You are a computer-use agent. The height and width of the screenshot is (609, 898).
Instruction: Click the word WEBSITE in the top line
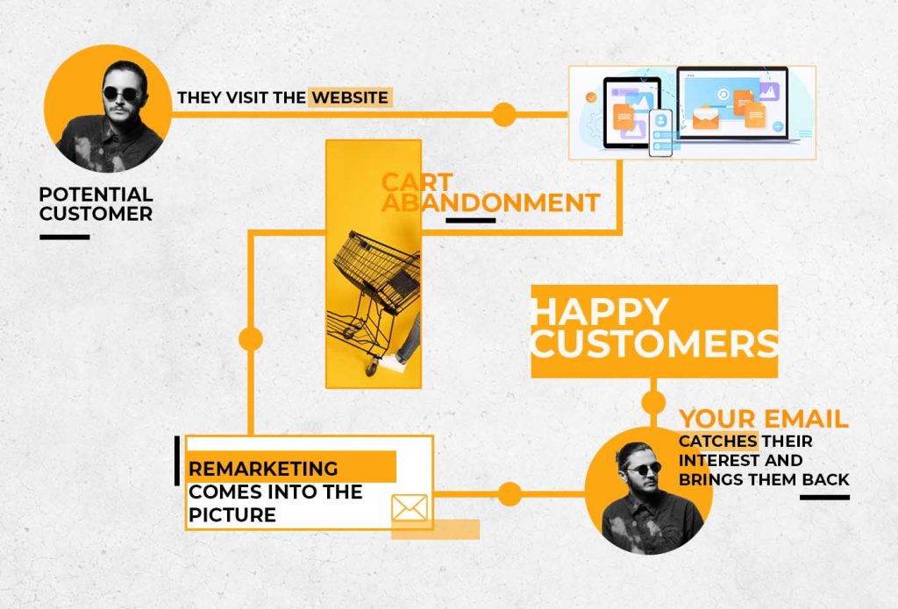point(350,97)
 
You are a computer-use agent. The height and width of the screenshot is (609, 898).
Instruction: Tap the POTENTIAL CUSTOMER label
point(96,203)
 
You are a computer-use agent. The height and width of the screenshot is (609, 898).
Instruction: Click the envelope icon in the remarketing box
point(409,507)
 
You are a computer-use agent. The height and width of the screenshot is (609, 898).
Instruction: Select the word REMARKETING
point(263,468)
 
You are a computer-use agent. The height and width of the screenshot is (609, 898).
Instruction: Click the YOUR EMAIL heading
point(763,419)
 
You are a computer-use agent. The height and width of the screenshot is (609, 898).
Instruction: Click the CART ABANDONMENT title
point(489,193)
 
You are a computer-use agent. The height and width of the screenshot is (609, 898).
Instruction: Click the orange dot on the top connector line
point(503,114)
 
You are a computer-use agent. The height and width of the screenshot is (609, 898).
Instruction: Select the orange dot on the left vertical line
point(251,339)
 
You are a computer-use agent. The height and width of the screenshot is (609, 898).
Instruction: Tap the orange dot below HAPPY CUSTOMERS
point(653,402)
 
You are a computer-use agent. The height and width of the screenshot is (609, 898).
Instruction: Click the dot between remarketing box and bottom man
point(510,493)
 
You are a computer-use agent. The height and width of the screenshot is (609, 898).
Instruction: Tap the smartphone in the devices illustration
point(660,132)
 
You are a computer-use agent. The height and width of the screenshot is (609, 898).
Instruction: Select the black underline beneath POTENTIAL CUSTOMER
point(64,237)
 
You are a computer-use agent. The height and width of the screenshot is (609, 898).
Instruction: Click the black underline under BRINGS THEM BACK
point(824,497)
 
